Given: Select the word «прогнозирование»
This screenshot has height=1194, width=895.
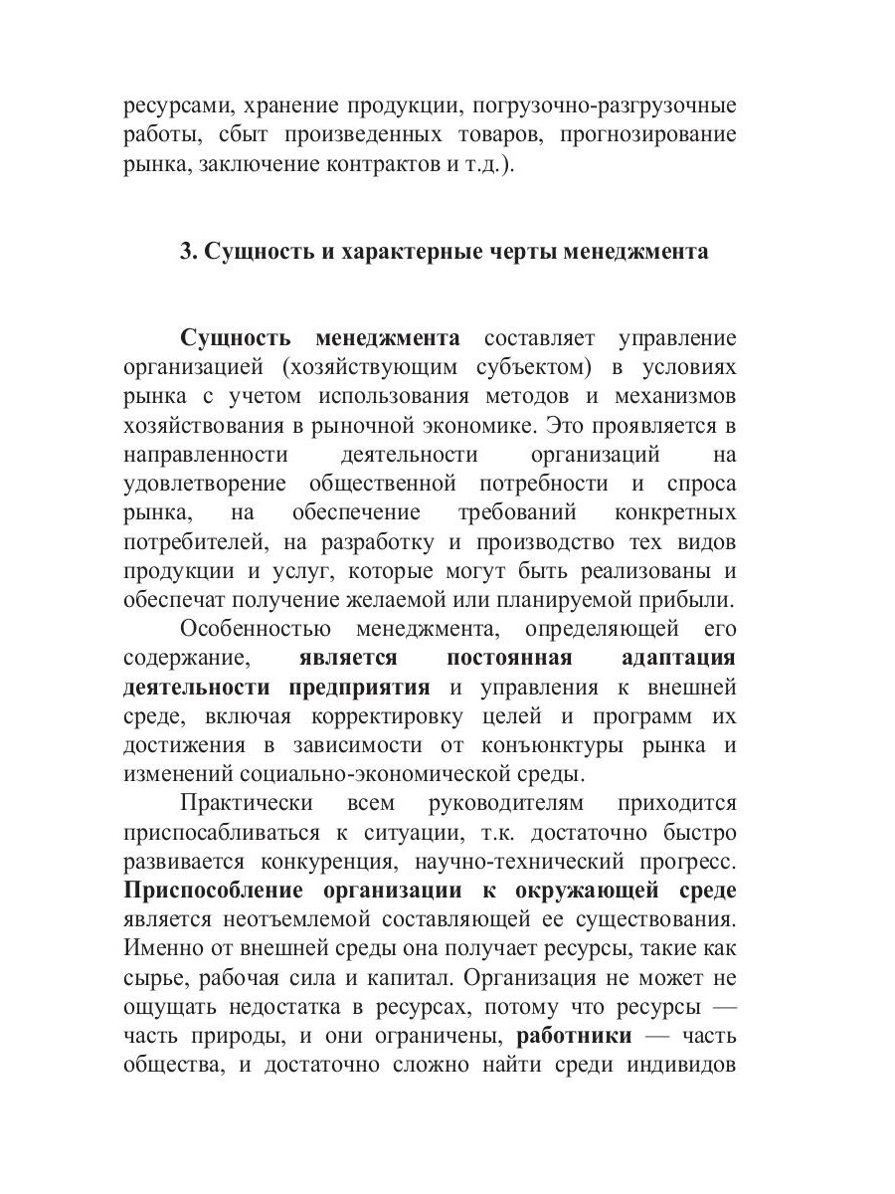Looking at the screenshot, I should click(x=648, y=134).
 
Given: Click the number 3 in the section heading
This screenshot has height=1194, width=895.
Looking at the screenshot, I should click(x=185, y=252).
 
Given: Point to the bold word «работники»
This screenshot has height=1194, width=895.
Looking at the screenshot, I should click(x=574, y=1036).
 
